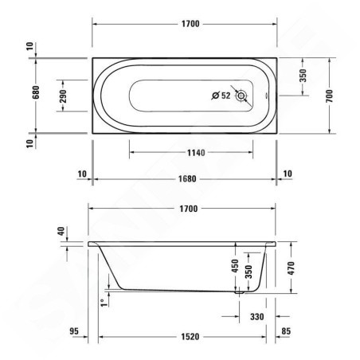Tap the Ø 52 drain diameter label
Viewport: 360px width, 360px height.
tap(220, 96)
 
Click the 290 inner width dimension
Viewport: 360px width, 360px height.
tap(63, 96)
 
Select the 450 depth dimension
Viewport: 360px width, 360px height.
tap(234, 266)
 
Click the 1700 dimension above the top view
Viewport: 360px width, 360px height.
tap(189, 25)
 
